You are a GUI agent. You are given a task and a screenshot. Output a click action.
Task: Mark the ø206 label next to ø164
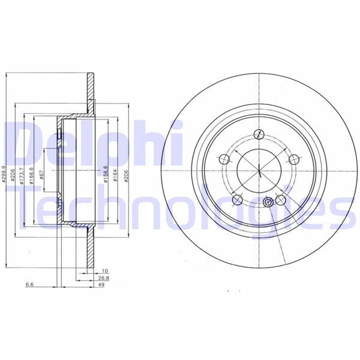pyautogui.click(x=126, y=174)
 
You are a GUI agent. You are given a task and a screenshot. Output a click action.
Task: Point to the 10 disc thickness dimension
pyautogui.click(x=105, y=271)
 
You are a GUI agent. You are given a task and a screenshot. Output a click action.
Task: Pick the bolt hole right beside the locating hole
pyautogui.click(x=279, y=200)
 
